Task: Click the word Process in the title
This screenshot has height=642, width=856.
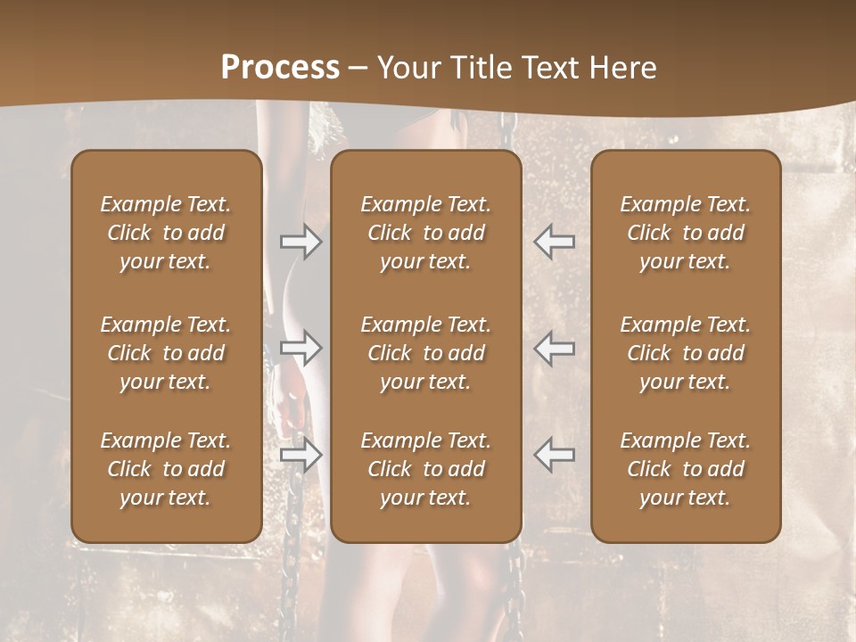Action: (280, 68)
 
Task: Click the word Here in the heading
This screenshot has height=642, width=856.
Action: (623, 68)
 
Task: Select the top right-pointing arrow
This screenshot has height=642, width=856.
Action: (300, 242)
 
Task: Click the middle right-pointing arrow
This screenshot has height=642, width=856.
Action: (300, 347)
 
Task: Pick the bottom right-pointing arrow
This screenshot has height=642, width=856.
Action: (300, 455)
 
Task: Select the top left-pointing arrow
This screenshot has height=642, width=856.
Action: (555, 242)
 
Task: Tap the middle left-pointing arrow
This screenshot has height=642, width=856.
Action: (555, 347)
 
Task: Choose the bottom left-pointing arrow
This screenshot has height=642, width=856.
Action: (555, 455)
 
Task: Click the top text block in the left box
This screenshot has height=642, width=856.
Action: (166, 233)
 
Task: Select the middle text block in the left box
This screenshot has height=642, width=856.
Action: (166, 353)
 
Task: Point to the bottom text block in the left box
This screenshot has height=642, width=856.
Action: (166, 469)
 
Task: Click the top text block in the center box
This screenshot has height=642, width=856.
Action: (426, 233)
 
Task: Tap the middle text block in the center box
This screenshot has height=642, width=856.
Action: (426, 353)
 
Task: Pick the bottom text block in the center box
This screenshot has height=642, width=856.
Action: (426, 469)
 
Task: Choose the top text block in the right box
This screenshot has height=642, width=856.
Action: (686, 233)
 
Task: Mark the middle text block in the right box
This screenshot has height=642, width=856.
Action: (686, 353)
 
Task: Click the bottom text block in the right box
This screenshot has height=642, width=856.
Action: (686, 469)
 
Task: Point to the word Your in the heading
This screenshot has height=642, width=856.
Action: (407, 68)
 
